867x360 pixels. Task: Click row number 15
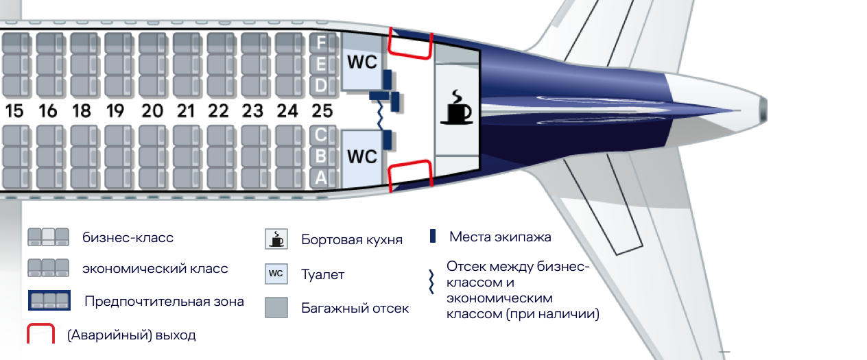pos(14,110)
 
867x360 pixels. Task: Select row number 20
pos(152,110)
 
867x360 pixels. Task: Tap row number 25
pos(322,110)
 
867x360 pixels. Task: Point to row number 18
pos(82,110)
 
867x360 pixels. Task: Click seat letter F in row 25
pos(321,43)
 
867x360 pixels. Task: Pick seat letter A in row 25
pos(321,178)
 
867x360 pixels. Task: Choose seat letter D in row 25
pos(321,86)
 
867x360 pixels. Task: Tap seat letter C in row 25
pos(321,134)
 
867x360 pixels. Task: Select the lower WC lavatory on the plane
pos(361,157)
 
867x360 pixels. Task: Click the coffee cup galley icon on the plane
pos(456,108)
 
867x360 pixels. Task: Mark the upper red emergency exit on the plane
pos(410,43)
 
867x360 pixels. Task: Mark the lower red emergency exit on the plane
pos(410,175)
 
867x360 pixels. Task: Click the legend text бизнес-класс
pos(128,238)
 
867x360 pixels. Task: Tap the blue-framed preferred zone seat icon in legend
pos(49,300)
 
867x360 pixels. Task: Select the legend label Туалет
pos(322,275)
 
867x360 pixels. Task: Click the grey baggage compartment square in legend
pos(276,307)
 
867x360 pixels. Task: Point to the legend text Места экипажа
pos(500,237)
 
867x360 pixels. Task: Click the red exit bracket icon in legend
pos(40,335)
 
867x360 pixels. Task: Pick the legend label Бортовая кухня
pos(351,240)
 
